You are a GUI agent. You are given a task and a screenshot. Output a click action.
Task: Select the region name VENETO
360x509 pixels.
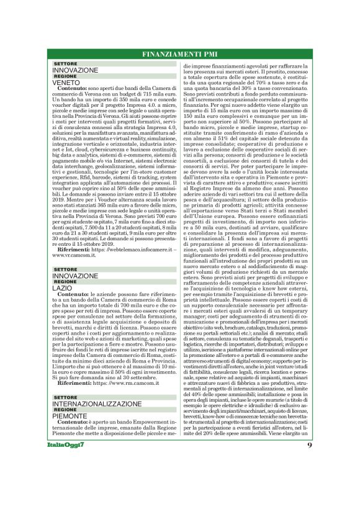66,83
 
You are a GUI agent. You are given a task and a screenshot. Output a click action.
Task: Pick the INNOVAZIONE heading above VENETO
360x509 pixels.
75,70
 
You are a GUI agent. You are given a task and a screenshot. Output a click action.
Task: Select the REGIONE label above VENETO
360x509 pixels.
65,76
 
